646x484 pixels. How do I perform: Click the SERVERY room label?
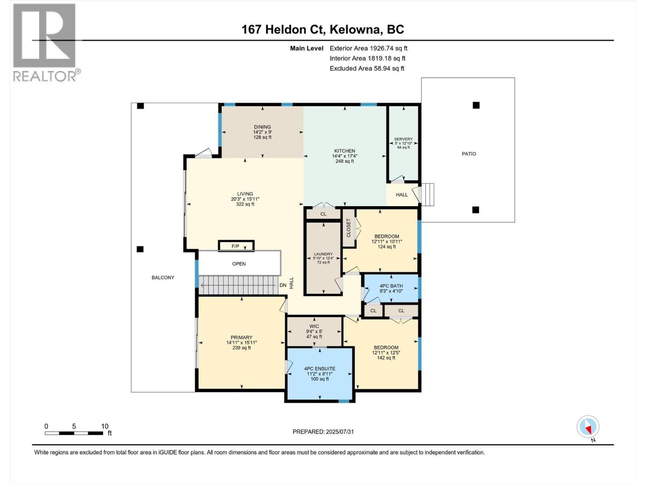[403, 139]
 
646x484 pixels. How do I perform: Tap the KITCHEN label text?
[344, 151]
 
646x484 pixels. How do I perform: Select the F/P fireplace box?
[236, 246]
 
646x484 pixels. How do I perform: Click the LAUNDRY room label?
[323, 254]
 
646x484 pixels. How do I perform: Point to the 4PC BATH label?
[391, 286]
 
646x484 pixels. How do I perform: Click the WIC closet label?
[314, 326]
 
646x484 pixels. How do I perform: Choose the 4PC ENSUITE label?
[319, 368]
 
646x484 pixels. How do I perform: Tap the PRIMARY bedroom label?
[241, 338]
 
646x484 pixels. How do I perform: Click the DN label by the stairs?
[283, 285]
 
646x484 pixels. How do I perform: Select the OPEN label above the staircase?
[239, 264]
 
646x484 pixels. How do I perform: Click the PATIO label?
[469, 154]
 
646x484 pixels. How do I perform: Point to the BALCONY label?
[163, 277]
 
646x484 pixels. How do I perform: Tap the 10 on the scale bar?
[105, 426]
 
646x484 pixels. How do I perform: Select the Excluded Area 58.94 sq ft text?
[367, 69]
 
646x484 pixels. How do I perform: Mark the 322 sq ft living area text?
[245, 204]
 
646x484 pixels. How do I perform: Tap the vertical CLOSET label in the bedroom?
[349, 228]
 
